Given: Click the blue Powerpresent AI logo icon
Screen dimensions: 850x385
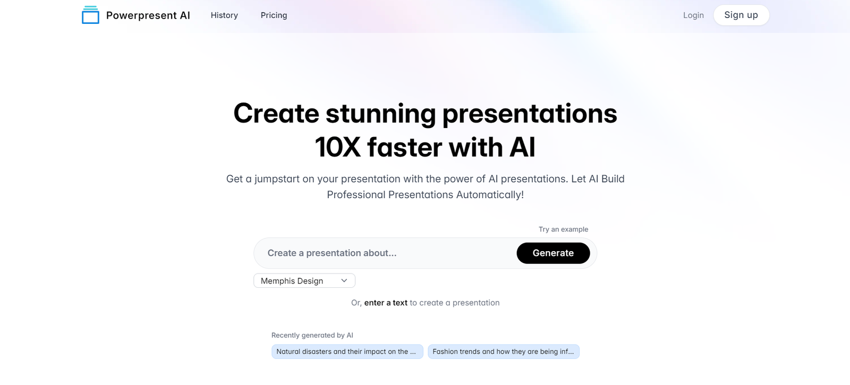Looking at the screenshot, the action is [x=90, y=15].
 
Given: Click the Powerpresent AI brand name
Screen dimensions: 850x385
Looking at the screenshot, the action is [x=148, y=15].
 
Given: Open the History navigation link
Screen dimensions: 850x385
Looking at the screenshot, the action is [x=224, y=15].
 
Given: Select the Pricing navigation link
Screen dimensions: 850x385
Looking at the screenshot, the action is [x=274, y=15].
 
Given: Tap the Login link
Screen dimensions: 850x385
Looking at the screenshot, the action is [x=693, y=15].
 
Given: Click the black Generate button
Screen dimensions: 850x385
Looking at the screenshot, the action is [x=553, y=253].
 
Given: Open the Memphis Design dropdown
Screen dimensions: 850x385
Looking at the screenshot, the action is [x=304, y=281].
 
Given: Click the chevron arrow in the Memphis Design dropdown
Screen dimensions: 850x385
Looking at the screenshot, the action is [x=344, y=281].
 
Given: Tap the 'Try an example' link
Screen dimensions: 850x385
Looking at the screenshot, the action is [x=563, y=229].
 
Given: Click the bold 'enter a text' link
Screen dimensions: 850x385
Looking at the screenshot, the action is [x=386, y=303].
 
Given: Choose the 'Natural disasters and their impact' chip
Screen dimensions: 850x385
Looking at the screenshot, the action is [x=347, y=352].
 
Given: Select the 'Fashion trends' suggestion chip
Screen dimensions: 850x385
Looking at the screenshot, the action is [x=504, y=352].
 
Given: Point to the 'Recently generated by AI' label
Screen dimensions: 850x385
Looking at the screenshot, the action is [x=312, y=335].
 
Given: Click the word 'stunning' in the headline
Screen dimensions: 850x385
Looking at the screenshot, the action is [x=380, y=114].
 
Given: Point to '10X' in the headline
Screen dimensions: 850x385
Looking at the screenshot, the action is [x=337, y=147].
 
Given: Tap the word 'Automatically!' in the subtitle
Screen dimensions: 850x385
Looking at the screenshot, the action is [x=490, y=194].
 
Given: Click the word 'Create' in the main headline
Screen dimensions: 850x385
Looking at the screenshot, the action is [x=276, y=114].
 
